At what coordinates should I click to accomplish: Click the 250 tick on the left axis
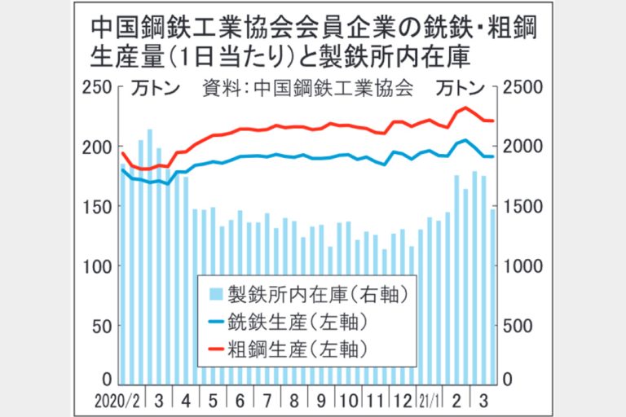[x=100, y=86]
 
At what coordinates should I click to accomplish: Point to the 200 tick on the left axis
[x=100, y=147]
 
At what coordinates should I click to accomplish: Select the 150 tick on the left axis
[x=100, y=207]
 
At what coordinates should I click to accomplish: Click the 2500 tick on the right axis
[x=522, y=86]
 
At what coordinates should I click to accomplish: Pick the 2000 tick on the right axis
[x=522, y=147]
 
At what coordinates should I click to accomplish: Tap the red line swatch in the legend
[x=215, y=349]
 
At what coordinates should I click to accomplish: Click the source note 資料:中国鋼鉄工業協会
[x=306, y=87]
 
